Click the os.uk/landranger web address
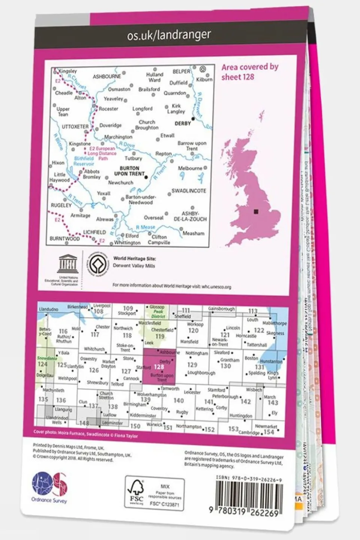click(169, 35)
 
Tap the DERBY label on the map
click(183, 123)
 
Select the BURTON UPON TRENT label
click(129, 171)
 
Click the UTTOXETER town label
click(75, 127)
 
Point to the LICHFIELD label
click(94, 232)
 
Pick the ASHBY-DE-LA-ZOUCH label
click(190, 216)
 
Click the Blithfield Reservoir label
click(84, 161)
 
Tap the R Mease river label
click(145, 227)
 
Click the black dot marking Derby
click(193, 119)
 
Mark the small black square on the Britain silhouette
click(256, 211)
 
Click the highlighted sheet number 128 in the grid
click(159, 367)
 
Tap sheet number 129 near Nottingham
click(192, 364)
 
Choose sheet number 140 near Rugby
click(179, 400)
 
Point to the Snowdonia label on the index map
click(47, 358)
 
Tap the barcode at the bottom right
click(249, 495)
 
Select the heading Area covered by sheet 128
click(249, 72)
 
